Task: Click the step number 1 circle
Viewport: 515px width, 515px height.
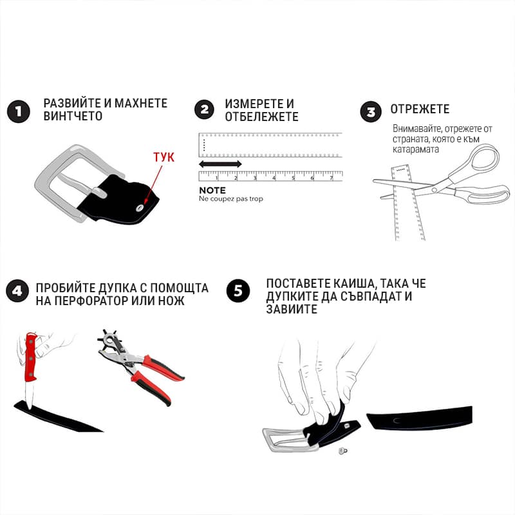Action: tap(19, 111)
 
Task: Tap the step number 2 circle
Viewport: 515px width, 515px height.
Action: tap(204, 109)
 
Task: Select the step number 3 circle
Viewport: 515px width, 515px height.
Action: tap(371, 111)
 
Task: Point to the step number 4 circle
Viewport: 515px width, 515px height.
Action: tap(17, 291)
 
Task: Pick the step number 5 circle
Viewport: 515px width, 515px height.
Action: tap(238, 291)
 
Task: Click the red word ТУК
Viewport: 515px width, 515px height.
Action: tap(164, 157)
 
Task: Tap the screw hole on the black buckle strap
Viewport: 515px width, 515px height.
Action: tap(140, 207)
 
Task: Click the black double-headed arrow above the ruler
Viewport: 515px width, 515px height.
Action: tap(220, 164)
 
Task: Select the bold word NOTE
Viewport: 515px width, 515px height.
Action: tap(212, 191)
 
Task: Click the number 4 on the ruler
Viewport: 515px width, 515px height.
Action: tap(274, 178)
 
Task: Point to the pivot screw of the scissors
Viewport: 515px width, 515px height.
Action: tap(435, 190)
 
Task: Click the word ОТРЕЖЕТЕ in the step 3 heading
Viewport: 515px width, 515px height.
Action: tap(420, 109)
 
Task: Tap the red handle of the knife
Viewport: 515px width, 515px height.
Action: tap(31, 357)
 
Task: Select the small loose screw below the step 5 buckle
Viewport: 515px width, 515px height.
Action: tap(343, 451)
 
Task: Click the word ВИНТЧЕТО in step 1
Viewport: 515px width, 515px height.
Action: tap(73, 116)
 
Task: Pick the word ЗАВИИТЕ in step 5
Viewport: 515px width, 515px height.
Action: tap(292, 309)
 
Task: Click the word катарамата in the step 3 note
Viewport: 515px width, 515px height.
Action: tap(415, 149)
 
